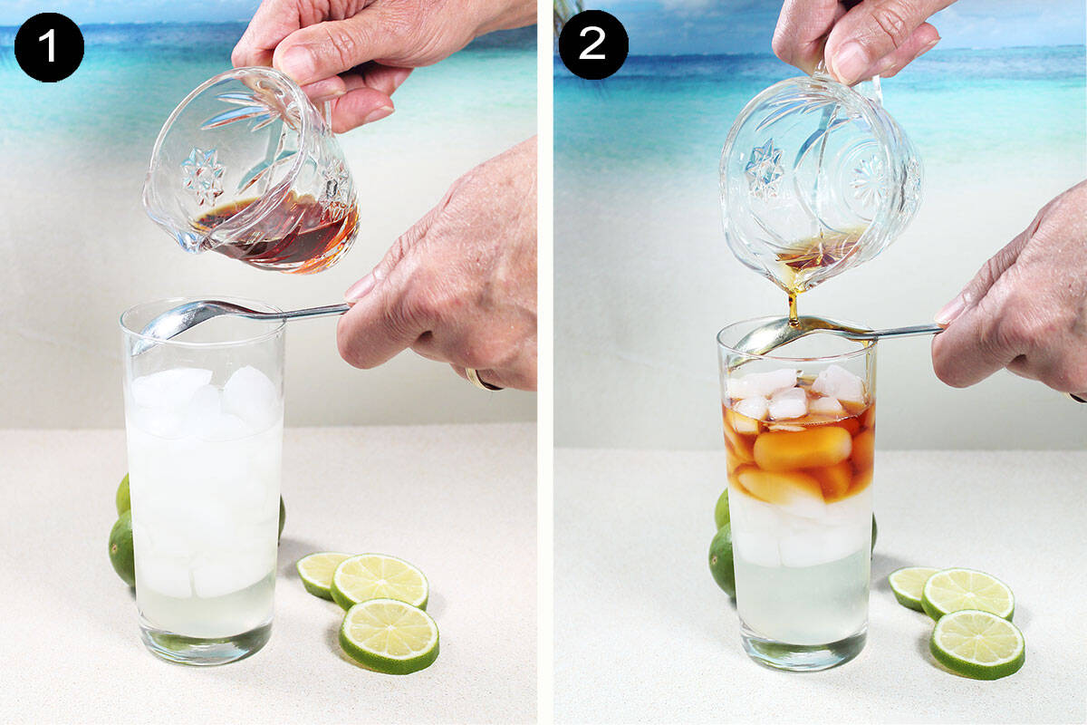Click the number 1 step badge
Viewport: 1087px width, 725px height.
49,47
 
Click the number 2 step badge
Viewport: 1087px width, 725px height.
592,44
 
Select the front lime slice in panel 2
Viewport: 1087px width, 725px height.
976,643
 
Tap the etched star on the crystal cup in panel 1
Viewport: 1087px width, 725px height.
202,177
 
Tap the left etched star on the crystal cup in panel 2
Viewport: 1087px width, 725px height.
764,169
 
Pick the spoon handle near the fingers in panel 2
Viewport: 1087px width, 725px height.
906,331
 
